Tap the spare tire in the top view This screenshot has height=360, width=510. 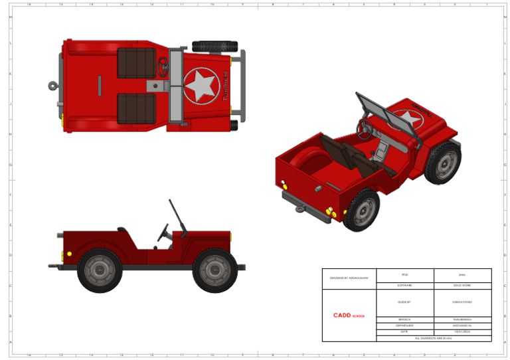click(x=214, y=46)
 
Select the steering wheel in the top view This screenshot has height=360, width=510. click(x=163, y=66)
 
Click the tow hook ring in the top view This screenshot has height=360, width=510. click(x=52, y=85)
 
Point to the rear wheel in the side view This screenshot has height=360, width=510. click(x=100, y=270)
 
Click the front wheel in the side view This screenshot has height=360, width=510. click(x=214, y=270)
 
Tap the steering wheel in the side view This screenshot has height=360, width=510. click(x=163, y=232)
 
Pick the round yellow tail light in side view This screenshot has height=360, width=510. click(x=69, y=254)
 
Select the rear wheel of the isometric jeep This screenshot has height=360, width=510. click(x=361, y=209)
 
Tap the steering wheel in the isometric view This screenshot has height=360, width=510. click(x=365, y=128)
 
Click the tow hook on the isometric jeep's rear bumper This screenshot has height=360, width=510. click(x=300, y=209)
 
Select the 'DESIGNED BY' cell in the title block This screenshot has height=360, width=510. click(x=349, y=278)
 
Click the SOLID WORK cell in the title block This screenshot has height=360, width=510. click(x=462, y=285)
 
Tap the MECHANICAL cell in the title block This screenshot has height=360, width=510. click(x=462, y=325)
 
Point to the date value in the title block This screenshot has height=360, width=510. click(x=462, y=331)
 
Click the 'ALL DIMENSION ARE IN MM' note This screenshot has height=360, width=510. click(x=433, y=338)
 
